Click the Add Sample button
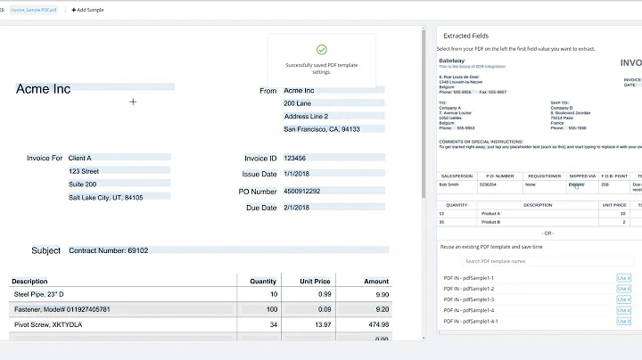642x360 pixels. (87, 9)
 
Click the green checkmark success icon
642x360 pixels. (321, 50)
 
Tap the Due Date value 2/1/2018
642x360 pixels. (298, 208)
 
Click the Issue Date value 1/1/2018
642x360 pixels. (298, 175)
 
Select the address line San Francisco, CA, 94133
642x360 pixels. (322, 129)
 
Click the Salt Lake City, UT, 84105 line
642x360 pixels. (106, 197)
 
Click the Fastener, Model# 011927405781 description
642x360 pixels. (62, 309)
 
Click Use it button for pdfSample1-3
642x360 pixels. (623, 299)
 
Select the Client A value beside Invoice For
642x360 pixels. (80, 158)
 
